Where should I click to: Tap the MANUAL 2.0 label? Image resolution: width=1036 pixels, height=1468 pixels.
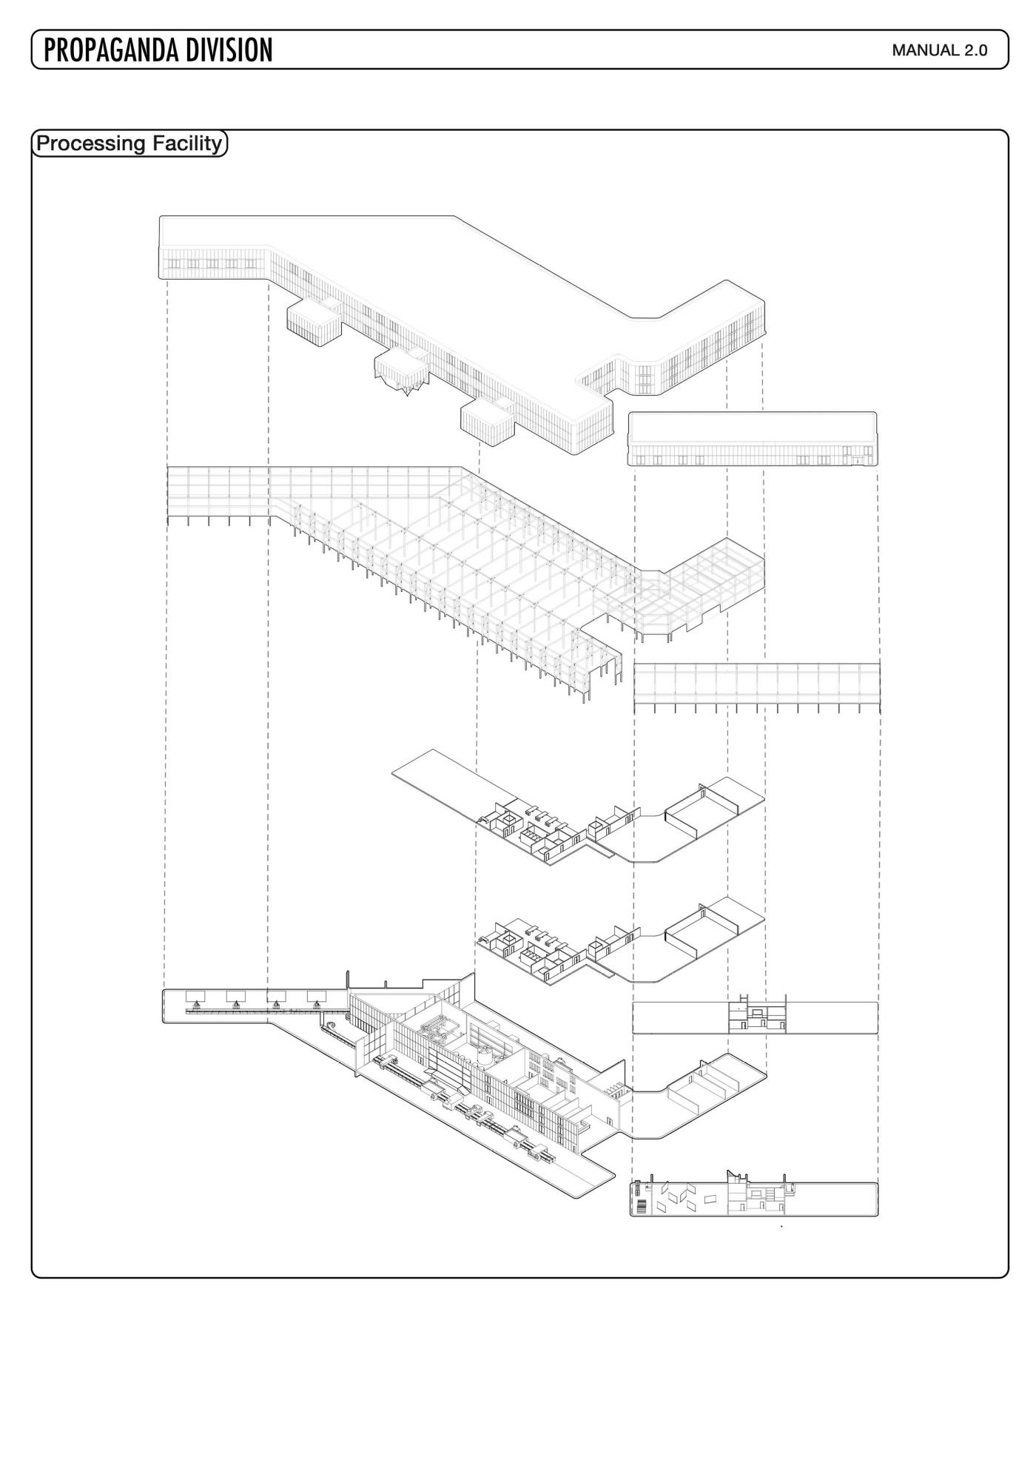pyautogui.click(x=940, y=50)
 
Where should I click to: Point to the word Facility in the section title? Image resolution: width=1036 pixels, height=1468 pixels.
pyautogui.click(x=187, y=143)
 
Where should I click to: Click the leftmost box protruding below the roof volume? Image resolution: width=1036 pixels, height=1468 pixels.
pyautogui.click(x=314, y=323)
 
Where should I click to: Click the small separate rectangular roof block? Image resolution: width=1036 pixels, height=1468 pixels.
pyautogui.click(x=753, y=439)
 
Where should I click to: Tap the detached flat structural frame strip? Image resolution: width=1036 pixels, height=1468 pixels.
pyautogui.click(x=757, y=688)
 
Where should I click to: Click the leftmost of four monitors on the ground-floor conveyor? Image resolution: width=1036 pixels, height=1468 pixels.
pyautogui.click(x=196, y=995)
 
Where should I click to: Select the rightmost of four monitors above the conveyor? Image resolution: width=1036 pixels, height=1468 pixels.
pyautogui.click(x=317, y=995)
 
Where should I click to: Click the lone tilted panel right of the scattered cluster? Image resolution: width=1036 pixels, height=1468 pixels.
pyautogui.click(x=712, y=1199)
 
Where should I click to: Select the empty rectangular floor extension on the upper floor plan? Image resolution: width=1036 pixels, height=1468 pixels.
pyautogui.click(x=444, y=781)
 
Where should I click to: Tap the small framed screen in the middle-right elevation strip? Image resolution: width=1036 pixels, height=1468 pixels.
pyautogui.click(x=757, y=1010)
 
